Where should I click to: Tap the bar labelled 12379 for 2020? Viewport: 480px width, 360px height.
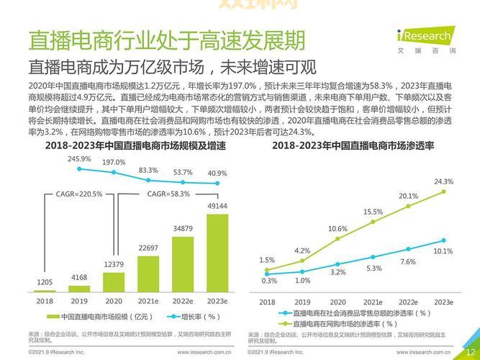pyautogui.click(x=114, y=281)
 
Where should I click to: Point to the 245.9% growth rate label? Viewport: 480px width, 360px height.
pyautogui.click(x=79, y=158)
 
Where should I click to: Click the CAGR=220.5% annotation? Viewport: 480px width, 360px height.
pyautogui.click(x=79, y=194)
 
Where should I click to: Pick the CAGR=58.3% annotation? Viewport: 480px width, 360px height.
pyautogui.click(x=169, y=194)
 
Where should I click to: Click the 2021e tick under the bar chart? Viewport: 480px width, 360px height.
pyautogui.click(x=148, y=301)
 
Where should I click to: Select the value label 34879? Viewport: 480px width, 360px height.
pyautogui.click(x=183, y=228)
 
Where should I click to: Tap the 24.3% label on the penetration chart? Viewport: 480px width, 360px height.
pyautogui.click(x=444, y=181)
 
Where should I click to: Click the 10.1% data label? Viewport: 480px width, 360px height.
pyautogui.click(x=443, y=251)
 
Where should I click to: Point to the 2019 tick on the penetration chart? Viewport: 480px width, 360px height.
pyautogui.click(x=302, y=302)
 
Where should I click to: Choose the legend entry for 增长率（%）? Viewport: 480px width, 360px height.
pyautogui.click(x=192, y=317)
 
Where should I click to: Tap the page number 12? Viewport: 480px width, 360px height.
pyautogui.click(x=470, y=351)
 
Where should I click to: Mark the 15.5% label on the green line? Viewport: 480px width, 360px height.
pyautogui.click(x=373, y=212)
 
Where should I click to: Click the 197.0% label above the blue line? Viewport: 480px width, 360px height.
pyautogui.click(x=114, y=163)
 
